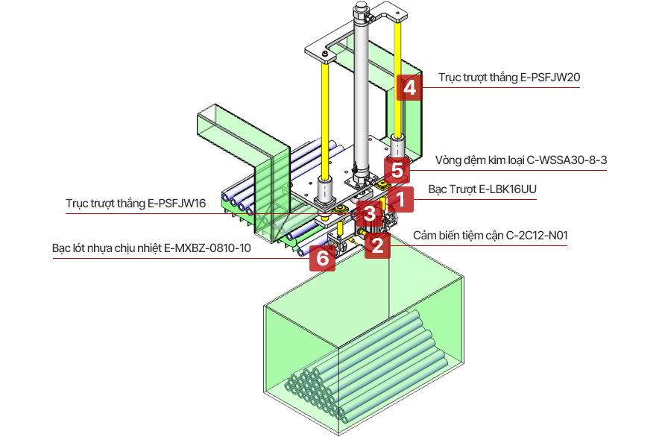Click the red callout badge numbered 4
pos(409,88)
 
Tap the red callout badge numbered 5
pos(397,170)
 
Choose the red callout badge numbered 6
pos(322,258)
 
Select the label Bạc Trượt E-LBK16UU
pos(482,189)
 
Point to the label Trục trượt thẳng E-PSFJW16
pos(136,202)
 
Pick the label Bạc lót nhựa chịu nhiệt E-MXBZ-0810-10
pos(145,248)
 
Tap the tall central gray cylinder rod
pos(362,97)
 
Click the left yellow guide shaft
pos(326,119)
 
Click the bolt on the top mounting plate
pos(325,54)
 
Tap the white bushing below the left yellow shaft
pos(325,190)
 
